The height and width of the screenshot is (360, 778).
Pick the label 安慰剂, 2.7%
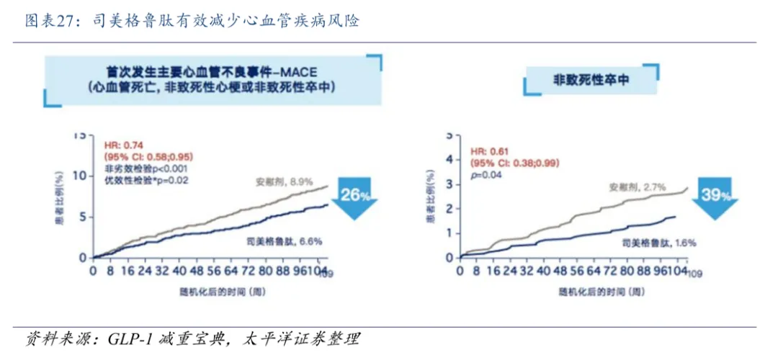637,186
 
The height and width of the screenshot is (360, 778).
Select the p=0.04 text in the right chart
485,174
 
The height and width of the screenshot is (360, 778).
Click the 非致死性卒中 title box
591,80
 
